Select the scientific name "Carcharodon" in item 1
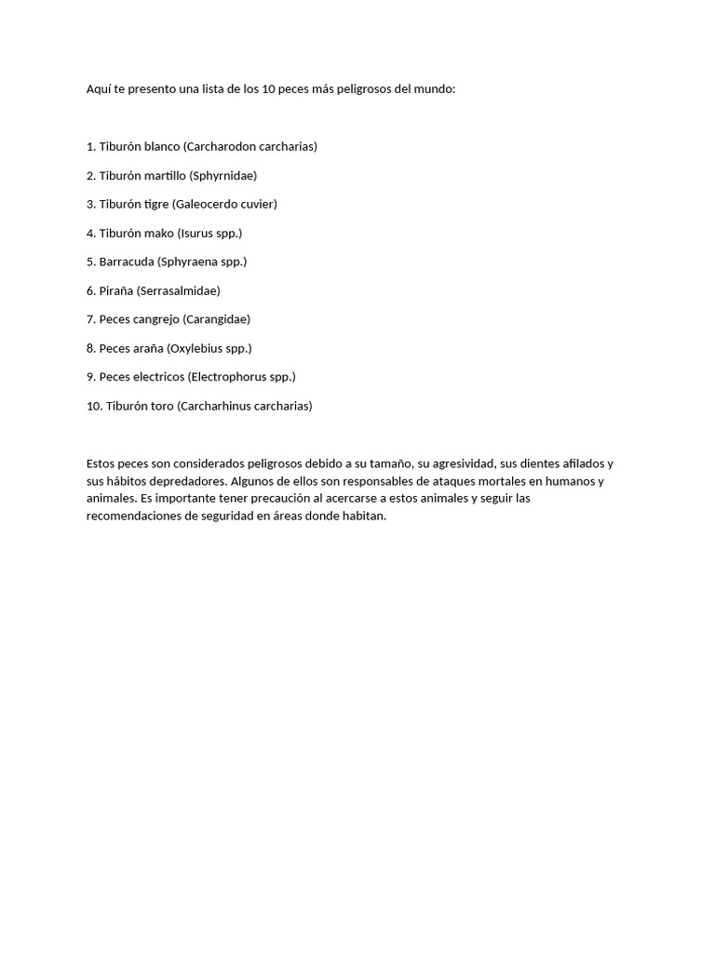click(x=221, y=146)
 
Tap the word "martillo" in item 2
click(x=166, y=175)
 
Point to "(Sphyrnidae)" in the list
click(x=223, y=175)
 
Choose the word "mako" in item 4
click(x=159, y=233)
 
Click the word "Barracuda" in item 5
click(x=127, y=262)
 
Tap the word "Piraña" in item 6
click(x=116, y=290)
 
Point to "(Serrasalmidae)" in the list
click(x=179, y=290)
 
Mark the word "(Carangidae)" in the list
click(x=217, y=319)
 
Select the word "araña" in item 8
click(x=148, y=348)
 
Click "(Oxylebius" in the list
click(x=196, y=348)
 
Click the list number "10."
click(x=94, y=406)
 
